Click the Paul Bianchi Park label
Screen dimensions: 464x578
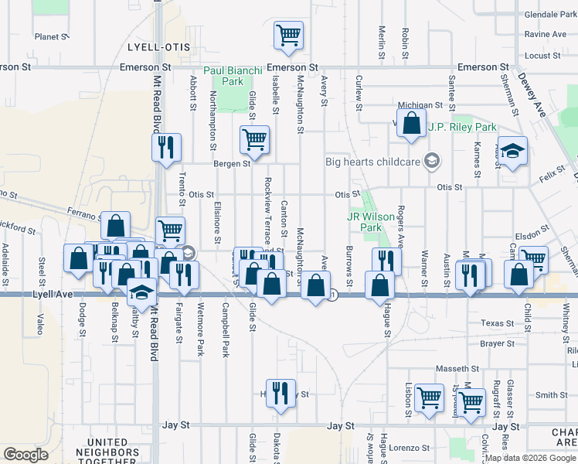(x=229, y=75)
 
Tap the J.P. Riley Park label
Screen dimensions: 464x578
(x=462, y=127)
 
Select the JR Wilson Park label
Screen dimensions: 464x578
(x=365, y=222)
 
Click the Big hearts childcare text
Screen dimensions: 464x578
(x=382, y=162)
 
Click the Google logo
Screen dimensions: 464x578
(x=25, y=454)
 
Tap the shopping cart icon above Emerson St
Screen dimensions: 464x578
(x=288, y=35)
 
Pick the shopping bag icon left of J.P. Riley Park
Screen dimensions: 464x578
(x=412, y=123)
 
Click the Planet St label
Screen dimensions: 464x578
(x=53, y=36)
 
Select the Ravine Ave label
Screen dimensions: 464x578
(x=545, y=35)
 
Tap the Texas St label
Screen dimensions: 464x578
(x=497, y=323)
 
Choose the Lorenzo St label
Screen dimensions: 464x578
(x=409, y=448)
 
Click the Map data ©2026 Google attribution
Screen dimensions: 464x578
(x=530, y=458)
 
